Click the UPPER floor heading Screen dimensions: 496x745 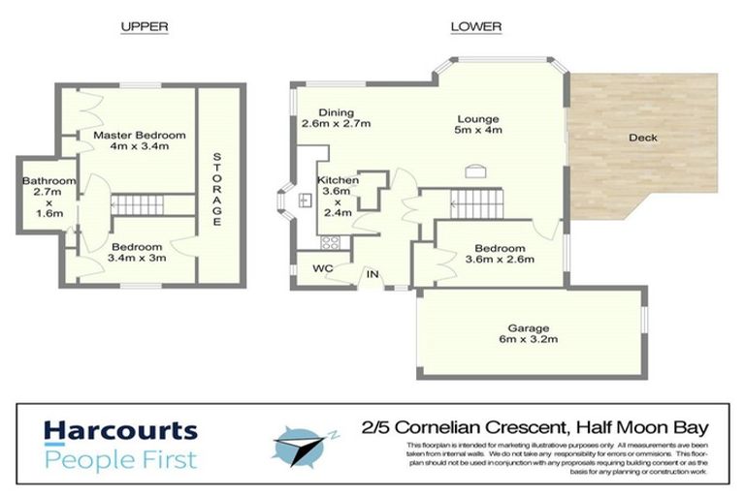pos(144,27)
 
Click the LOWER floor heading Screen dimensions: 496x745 pos(475,27)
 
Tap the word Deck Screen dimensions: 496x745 pos(642,138)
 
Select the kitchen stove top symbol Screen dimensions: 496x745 pos(330,243)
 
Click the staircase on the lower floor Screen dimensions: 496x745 pos(475,204)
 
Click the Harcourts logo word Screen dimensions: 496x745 pos(120,431)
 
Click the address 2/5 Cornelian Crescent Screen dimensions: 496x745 pos(534,426)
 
